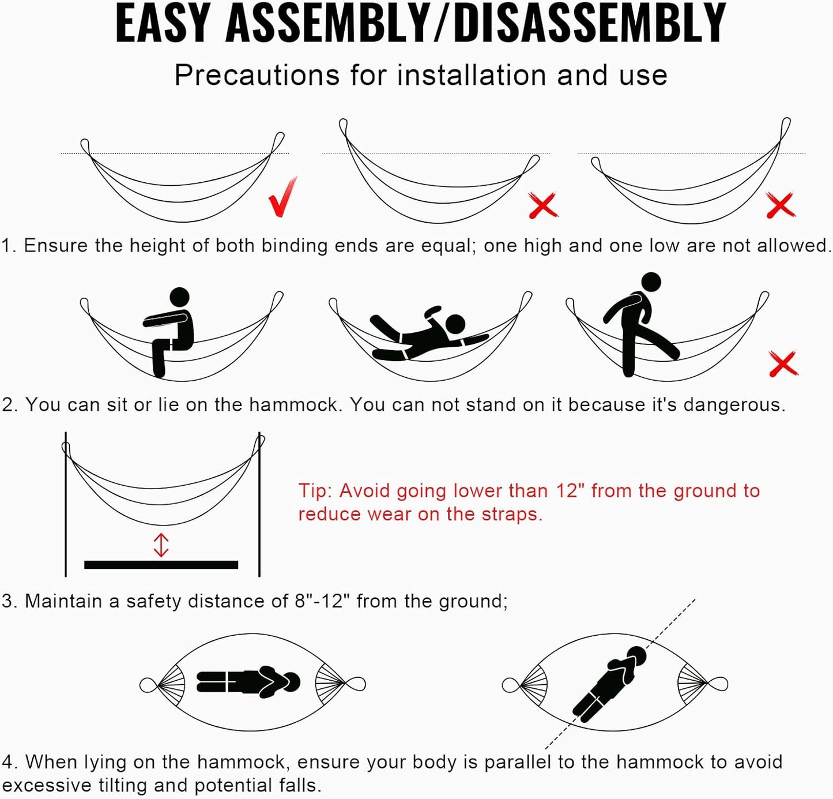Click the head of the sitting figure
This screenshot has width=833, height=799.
tap(179, 297)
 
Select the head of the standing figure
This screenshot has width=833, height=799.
tap(651, 283)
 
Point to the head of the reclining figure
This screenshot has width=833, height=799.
tap(455, 324)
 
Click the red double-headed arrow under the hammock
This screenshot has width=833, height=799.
tap(161, 545)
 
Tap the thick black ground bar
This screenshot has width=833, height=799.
tap(161, 565)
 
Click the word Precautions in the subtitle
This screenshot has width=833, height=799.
tap(257, 76)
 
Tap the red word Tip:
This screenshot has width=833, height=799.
tap(315, 491)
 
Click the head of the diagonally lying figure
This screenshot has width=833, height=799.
tap(636, 657)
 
